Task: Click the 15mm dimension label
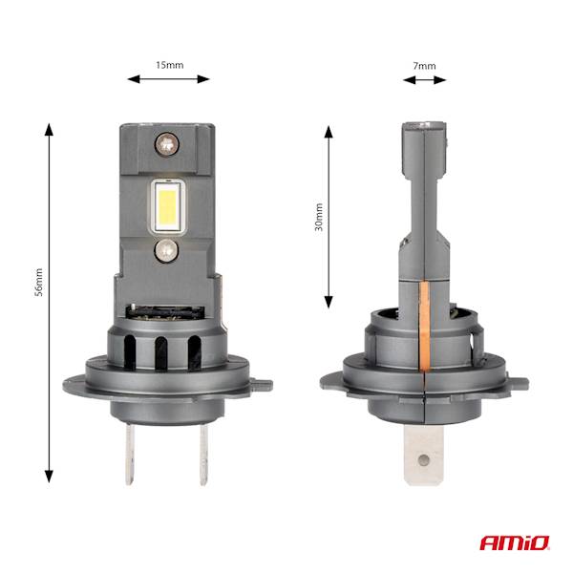(x=169, y=65)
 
